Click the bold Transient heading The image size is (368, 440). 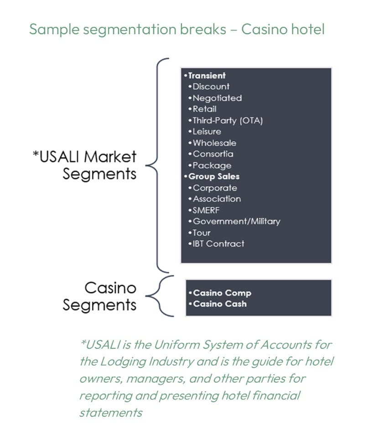(x=207, y=76)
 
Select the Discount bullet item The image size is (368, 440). (x=211, y=87)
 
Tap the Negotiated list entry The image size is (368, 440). (x=217, y=98)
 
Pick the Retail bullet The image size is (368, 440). (x=204, y=109)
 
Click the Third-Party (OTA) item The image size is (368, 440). (x=228, y=120)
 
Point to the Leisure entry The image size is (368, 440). (x=207, y=132)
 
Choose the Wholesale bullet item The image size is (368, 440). (x=214, y=143)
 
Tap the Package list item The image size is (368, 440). (x=212, y=166)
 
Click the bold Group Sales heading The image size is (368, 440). (x=213, y=176)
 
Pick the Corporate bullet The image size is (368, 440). (x=215, y=188)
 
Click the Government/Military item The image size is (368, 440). (x=236, y=222)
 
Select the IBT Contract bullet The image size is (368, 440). (x=218, y=244)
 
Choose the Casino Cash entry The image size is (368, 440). (x=220, y=304)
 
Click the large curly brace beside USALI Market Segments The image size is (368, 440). (x=157, y=164)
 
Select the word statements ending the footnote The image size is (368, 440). (x=110, y=413)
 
